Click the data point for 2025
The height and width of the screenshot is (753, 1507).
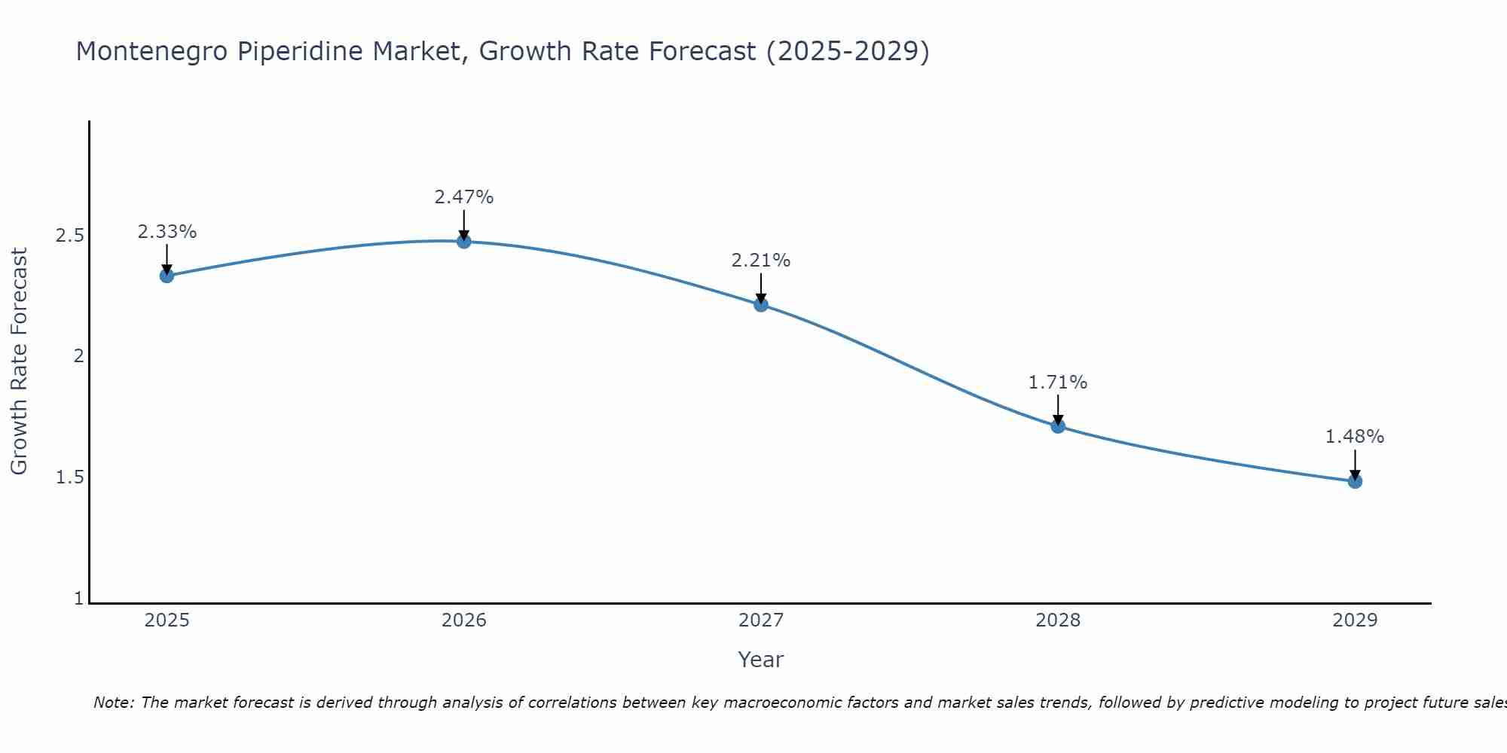click(x=167, y=276)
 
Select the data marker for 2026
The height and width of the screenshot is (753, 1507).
click(x=464, y=241)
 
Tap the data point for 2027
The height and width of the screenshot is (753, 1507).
click(x=761, y=304)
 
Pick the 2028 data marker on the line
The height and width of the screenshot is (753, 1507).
click(x=1058, y=426)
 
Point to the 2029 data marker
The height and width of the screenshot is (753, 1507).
click(x=1355, y=481)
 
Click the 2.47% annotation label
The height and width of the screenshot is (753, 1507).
click(x=464, y=197)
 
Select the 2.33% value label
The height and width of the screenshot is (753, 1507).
click(x=167, y=232)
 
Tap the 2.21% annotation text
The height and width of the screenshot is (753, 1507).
click(x=761, y=261)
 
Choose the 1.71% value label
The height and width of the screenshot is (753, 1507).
click(x=1058, y=383)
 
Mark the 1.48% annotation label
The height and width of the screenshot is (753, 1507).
click(x=1355, y=437)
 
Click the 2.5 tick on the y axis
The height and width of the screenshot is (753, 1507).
click(x=69, y=236)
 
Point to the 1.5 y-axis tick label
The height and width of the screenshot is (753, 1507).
click(x=69, y=477)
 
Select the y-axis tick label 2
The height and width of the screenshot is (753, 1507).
click(x=78, y=356)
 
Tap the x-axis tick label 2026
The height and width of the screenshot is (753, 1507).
click(x=464, y=620)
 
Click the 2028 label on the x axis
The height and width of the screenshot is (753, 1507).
click(x=1058, y=620)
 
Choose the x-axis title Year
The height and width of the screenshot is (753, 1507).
click(x=761, y=660)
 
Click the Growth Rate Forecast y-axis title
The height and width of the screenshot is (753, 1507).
click(x=20, y=361)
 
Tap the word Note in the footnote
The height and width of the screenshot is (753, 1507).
click(x=113, y=703)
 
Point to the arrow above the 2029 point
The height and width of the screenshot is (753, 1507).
click(x=1355, y=463)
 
